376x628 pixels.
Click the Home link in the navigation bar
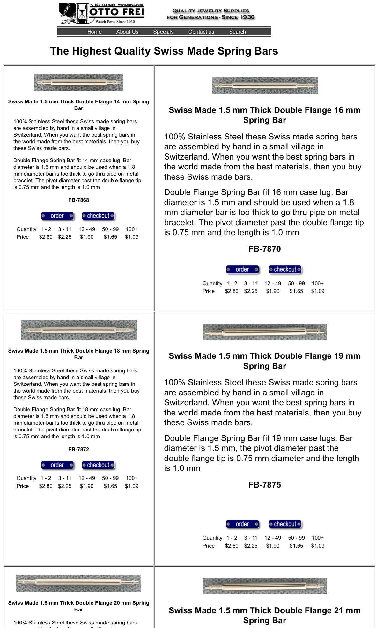click(94, 32)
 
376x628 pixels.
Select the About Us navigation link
click(127, 32)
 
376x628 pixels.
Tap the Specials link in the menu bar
click(163, 32)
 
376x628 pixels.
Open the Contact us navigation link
click(201, 32)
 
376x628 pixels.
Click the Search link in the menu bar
click(237, 32)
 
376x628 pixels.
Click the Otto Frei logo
click(102, 13)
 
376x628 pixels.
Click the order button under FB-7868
click(57, 216)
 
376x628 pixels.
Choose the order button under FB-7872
click(57, 465)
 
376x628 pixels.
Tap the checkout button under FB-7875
click(285, 524)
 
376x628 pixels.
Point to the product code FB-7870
click(264, 249)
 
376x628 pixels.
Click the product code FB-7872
click(78, 449)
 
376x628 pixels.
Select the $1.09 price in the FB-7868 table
click(131, 237)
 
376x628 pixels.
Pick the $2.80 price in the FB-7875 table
click(232, 546)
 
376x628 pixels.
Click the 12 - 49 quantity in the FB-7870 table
click(273, 283)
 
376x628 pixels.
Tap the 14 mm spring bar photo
click(78, 82)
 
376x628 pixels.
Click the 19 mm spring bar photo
click(264, 332)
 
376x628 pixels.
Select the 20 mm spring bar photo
click(78, 583)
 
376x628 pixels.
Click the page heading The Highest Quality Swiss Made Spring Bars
click(164, 51)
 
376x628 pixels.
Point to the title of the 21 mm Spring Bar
click(264, 615)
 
